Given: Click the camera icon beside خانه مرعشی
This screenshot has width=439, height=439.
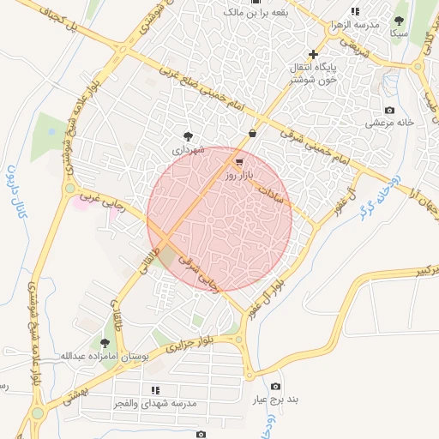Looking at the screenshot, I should pyautogui.click(x=390, y=111).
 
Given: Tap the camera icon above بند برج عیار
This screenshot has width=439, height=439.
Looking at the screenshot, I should pyautogui.click(x=275, y=387).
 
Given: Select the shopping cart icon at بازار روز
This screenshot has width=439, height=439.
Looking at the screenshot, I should pyautogui.click(x=238, y=161).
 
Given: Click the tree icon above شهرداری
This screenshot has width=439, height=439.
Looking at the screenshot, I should pyautogui.click(x=188, y=136).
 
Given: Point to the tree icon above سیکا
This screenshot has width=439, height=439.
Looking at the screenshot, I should pyautogui.click(x=398, y=21).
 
